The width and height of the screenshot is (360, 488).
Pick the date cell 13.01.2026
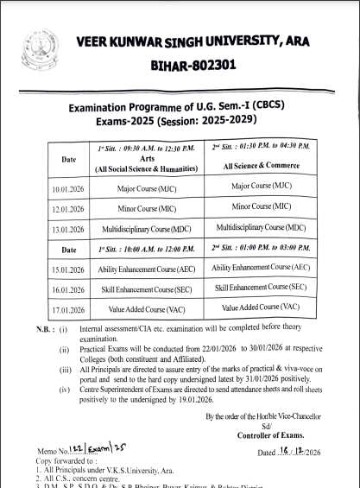click(67, 229)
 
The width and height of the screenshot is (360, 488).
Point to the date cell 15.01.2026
click(67, 269)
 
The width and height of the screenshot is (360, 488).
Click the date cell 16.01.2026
click(67, 288)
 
